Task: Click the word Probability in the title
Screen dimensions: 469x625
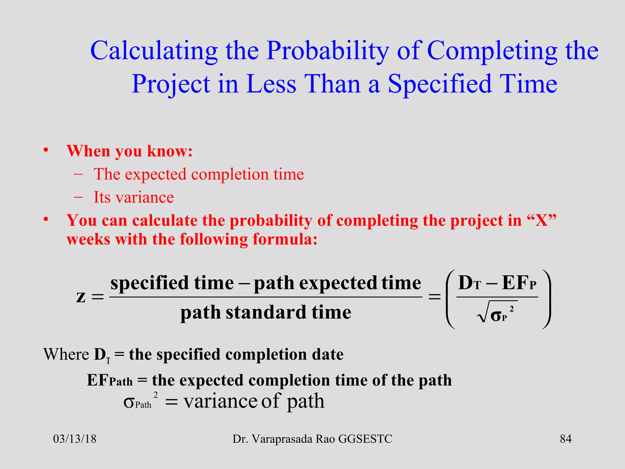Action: (328, 51)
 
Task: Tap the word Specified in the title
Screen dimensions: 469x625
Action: (439, 84)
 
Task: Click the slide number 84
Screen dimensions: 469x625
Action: (565, 439)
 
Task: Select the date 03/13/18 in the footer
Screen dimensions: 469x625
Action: (75, 439)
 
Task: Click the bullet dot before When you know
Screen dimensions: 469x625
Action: (46, 150)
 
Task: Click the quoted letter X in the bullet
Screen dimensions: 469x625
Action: (542, 220)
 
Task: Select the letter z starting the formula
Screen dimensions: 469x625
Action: (81, 296)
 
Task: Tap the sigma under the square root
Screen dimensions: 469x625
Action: (496, 316)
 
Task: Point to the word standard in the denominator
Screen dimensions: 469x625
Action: (266, 312)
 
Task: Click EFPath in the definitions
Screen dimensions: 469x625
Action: (110, 380)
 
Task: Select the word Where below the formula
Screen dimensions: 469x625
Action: (66, 354)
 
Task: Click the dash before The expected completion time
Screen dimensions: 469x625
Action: (78, 174)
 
